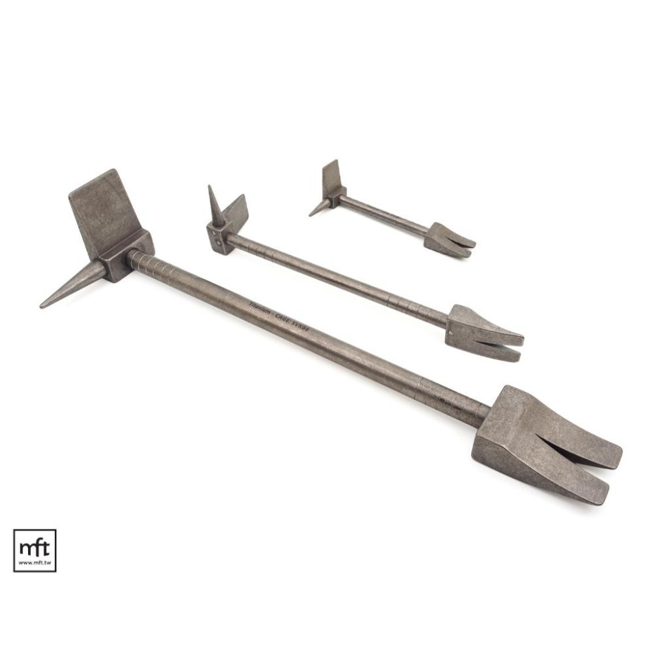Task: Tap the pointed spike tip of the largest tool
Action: pos(43,306)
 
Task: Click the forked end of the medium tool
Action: pos(485,334)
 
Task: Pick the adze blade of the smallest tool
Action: pos(331,177)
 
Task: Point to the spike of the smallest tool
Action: pos(318,209)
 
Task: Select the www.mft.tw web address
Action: pos(34,563)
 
